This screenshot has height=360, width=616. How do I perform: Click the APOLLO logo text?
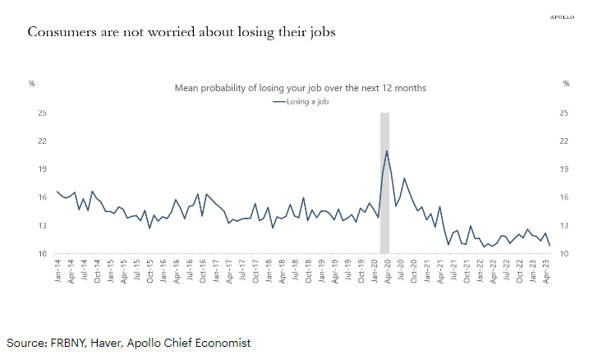pyautogui.click(x=563, y=16)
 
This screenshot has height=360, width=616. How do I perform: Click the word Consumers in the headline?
pyautogui.click(x=60, y=33)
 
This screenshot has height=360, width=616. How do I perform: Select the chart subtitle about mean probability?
pyautogui.click(x=300, y=87)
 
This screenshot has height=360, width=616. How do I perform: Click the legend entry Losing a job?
pyautogui.click(x=303, y=101)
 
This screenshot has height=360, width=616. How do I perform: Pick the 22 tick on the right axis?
pyautogui.click(x=566, y=141)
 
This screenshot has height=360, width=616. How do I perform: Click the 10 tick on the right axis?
pyautogui.click(x=566, y=254)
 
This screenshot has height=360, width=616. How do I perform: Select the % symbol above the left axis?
pyautogui.click(x=32, y=83)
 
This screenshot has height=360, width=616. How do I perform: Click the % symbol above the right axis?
pyautogui.click(x=566, y=83)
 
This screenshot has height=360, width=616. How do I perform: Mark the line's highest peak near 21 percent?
pyautogui.click(x=387, y=150)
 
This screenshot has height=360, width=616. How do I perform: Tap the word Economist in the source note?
pyautogui.click(x=221, y=342)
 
